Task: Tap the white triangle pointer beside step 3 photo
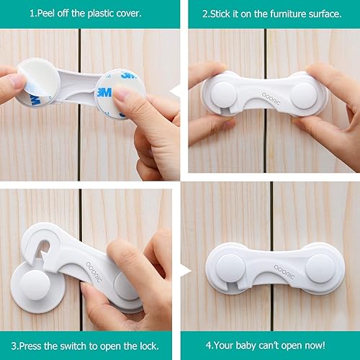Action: coord(185,272)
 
